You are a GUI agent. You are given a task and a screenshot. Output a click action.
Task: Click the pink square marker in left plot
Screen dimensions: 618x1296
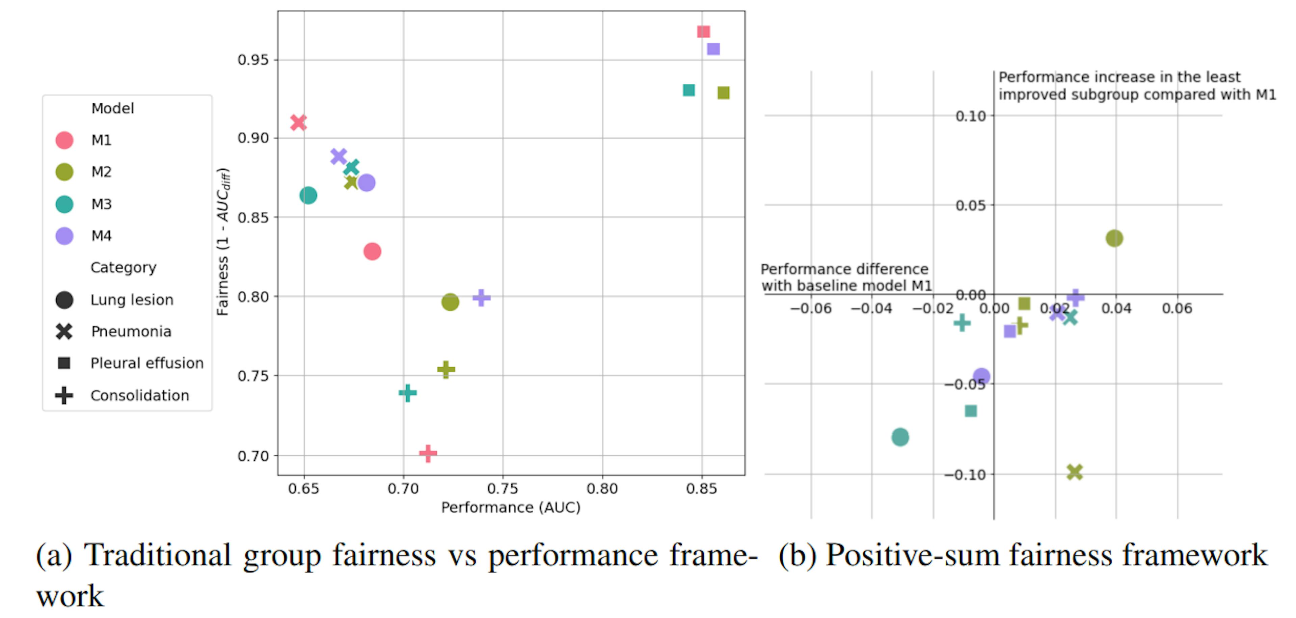click(703, 32)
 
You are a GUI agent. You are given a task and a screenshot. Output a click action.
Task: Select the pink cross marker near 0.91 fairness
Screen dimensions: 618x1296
click(298, 122)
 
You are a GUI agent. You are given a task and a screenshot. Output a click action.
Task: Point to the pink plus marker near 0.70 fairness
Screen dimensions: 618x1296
click(428, 453)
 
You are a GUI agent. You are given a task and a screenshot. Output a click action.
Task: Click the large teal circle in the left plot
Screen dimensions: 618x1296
click(308, 195)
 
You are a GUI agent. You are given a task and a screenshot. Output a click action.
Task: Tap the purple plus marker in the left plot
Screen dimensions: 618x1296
click(482, 297)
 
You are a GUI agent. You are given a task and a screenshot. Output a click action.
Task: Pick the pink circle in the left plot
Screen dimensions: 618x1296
click(372, 251)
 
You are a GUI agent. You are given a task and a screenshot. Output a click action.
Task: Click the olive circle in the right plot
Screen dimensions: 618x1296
click(1114, 238)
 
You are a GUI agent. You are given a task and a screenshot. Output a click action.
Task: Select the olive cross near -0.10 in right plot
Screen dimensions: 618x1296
click(1074, 472)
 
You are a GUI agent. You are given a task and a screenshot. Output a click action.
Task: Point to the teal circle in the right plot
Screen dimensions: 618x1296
click(900, 437)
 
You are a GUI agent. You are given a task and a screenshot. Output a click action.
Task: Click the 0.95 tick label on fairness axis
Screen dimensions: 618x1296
click(253, 60)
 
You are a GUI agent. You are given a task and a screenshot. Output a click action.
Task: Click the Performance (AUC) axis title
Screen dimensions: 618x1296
click(511, 507)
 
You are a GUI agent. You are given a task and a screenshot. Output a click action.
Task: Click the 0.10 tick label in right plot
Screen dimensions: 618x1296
click(971, 116)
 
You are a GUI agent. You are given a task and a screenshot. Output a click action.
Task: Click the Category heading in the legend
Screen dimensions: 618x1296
click(123, 268)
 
